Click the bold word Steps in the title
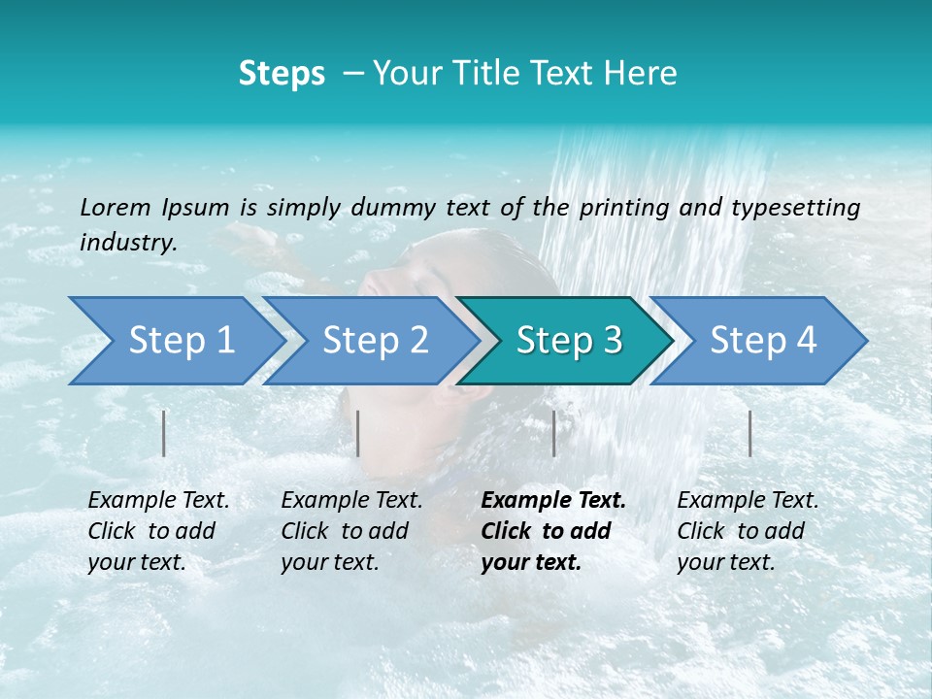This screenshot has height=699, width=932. click(282, 74)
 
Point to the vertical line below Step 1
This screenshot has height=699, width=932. click(164, 433)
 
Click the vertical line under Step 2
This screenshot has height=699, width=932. click(358, 433)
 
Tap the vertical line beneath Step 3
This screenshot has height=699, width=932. click(553, 433)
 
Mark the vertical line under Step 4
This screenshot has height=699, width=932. click(749, 433)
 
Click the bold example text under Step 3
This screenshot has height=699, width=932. click(552, 531)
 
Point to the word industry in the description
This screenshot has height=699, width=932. click(127, 243)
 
